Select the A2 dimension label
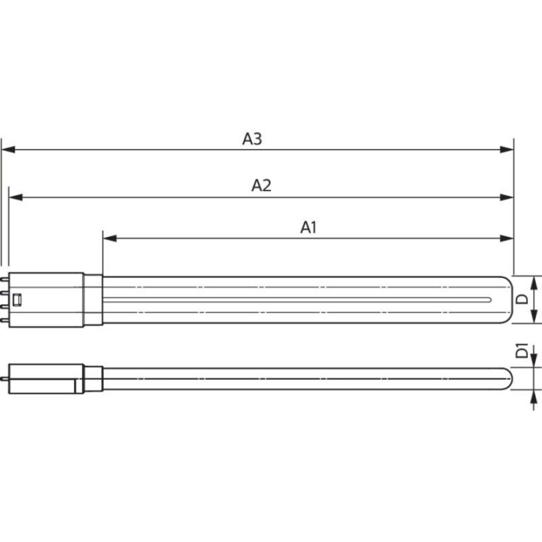pyautogui.click(x=260, y=185)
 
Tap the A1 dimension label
pyautogui.click(x=309, y=227)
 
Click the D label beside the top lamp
pyautogui.click(x=521, y=300)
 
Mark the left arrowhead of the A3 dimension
pyautogui.click(x=8, y=150)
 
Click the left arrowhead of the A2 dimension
pyautogui.click(x=15, y=197)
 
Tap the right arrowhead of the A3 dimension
pyautogui.click(x=507, y=150)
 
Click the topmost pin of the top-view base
pyautogui.click(x=5, y=280)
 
